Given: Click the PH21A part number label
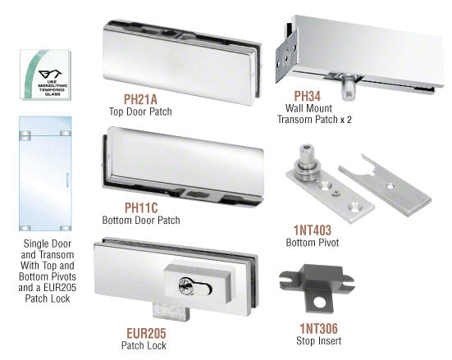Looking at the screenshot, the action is click(x=140, y=99).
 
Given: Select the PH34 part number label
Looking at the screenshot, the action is click(x=307, y=96).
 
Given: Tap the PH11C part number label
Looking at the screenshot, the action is click(x=141, y=207).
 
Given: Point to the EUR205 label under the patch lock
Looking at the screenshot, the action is click(x=146, y=334).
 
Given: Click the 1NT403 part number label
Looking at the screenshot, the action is click(x=313, y=230).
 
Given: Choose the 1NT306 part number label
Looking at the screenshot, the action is click(x=318, y=329).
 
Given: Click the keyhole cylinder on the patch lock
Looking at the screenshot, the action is click(x=185, y=287).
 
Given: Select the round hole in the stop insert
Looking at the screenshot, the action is click(x=320, y=303).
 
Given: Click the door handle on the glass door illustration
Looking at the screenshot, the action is click(x=68, y=180).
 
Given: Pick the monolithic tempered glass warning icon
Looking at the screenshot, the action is click(x=45, y=75).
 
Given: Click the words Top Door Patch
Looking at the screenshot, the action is click(x=140, y=112).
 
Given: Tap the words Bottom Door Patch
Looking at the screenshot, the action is click(x=141, y=221).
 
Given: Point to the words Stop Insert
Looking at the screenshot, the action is click(x=318, y=340).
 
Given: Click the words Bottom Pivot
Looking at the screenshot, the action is click(x=313, y=243).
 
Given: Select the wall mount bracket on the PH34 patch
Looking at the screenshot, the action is click(x=286, y=57).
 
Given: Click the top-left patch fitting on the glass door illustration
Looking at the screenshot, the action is click(x=25, y=135).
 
